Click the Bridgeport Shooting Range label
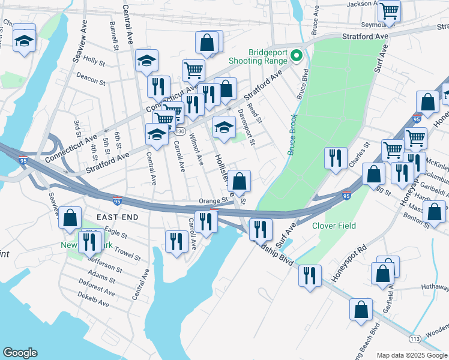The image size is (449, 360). (258, 56)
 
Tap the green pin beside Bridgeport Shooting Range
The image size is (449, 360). (296, 56)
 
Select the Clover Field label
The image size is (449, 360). (334, 226)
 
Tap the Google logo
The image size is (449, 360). (20, 353)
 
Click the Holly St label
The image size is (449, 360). (94, 60)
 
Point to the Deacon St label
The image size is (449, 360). (91, 78)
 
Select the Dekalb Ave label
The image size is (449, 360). (94, 300)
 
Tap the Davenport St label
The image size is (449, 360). (246, 126)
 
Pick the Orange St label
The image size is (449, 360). (214, 201)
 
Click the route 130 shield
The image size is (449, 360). (180, 131)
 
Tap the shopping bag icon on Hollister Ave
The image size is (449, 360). (239, 180)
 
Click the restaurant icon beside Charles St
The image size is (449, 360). (336, 157)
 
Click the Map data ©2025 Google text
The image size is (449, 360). (412, 355)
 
